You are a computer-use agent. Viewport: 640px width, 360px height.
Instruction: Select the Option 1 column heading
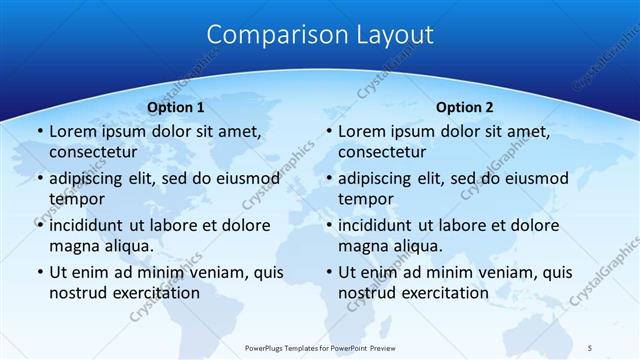176,107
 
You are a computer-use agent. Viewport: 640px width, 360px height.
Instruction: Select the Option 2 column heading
465,107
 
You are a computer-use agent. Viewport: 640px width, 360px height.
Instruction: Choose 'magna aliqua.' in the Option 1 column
101,246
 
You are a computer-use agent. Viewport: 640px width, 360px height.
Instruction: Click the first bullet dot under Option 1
38,131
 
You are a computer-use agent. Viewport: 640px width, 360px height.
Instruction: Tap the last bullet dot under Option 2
328,272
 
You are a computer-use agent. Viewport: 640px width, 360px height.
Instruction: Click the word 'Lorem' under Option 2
361,131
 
